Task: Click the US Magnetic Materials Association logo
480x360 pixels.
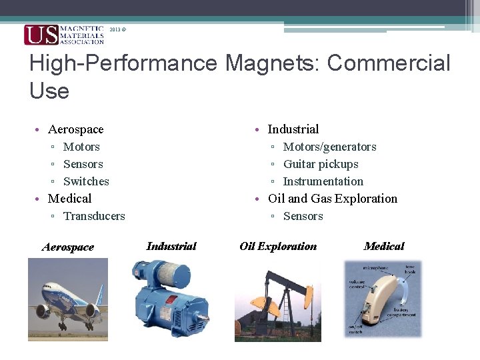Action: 64,35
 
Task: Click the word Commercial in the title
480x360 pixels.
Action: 389,63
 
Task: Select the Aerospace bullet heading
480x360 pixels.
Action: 75,129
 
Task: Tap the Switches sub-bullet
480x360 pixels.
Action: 86,181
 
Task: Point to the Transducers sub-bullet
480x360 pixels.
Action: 94,216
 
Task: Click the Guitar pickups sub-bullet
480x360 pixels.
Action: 321,164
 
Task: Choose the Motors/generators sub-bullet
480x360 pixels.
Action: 329,147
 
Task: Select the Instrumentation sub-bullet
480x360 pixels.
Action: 323,181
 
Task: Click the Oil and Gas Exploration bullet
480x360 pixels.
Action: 332,199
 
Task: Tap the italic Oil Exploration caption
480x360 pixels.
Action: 278,247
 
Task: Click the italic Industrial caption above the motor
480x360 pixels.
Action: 171,247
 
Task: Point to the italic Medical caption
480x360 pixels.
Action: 384,247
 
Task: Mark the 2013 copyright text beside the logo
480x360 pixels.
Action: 117,30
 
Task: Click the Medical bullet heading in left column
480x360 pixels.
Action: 69,199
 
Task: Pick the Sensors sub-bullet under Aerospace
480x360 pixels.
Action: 83,164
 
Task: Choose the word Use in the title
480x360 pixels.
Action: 49,91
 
